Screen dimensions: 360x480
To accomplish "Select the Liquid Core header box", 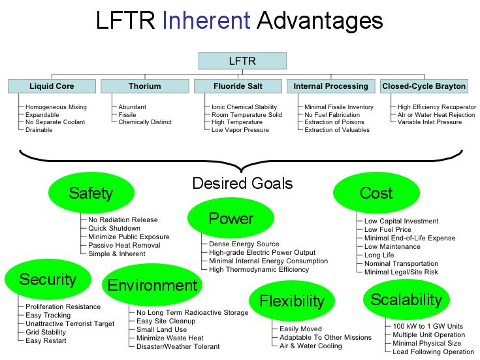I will click(x=52, y=86).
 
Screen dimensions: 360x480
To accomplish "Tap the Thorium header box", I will click(x=144, y=86).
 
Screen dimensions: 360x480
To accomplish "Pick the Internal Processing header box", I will click(x=330, y=86).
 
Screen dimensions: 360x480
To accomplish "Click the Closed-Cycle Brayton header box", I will click(x=424, y=86).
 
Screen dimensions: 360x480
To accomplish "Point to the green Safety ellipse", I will click(x=91, y=193).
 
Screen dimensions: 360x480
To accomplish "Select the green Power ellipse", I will click(x=231, y=218).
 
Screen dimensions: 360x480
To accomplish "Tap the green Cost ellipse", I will click(x=376, y=193).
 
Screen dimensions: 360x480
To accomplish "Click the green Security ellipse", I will click(x=48, y=280).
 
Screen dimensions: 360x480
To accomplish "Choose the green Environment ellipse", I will click(x=152, y=286).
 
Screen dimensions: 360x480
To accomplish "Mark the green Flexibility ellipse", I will click(x=292, y=301).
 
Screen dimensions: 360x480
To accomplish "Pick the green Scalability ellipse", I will click(x=406, y=299).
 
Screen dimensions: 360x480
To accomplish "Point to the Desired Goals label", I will click(x=242, y=184).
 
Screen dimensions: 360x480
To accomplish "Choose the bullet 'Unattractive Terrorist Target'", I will click(x=69, y=323).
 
